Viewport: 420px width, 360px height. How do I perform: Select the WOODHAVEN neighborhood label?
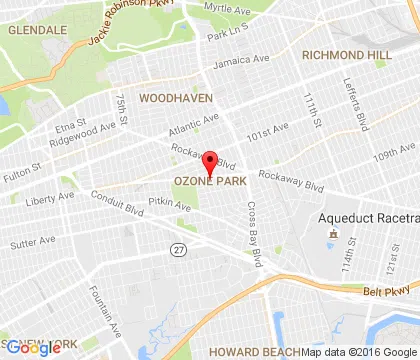(x=176, y=99)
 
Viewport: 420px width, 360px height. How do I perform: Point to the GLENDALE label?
(x=36, y=31)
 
